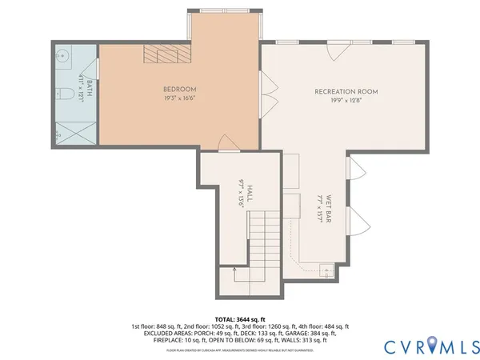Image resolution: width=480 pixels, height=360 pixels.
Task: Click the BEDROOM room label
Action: pyautogui.click(x=179, y=89)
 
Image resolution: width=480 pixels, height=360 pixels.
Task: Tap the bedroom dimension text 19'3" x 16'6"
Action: pyautogui.click(x=179, y=98)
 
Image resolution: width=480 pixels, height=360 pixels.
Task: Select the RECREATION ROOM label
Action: pyautogui.click(x=346, y=92)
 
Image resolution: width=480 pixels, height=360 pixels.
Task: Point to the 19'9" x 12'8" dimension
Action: pyautogui.click(x=346, y=102)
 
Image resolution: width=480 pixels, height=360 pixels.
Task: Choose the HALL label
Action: pyautogui.click(x=250, y=193)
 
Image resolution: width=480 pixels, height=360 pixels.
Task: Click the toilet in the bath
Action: pyautogui.click(x=69, y=95)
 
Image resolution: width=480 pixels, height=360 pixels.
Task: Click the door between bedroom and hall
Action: pyautogui.click(x=229, y=144)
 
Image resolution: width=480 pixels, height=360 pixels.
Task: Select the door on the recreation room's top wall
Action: pyautogui.click(x=342, y=47)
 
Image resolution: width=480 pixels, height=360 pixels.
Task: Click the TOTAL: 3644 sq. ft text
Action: pyautogui.click(x=239, y=318)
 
